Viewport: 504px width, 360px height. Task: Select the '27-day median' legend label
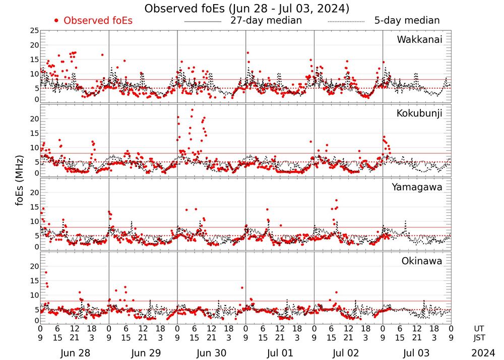tap(266, 21)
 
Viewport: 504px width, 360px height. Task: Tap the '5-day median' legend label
tap(407, 21)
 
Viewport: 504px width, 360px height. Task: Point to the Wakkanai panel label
tap(419, 40)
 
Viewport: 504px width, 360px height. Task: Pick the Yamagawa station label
tap(417, 187)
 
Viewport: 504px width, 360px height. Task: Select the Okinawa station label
tap(422, 261)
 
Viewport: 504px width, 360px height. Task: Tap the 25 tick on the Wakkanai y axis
tap(34, 31)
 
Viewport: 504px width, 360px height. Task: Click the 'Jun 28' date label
tap(74, 353)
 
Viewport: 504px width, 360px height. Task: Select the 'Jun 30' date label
tap(211, 353)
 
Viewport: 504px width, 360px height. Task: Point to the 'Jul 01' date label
tap(280, 353)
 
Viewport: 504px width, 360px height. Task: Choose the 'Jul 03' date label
tap(417, 353)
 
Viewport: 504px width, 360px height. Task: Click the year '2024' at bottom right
tap(483, 353)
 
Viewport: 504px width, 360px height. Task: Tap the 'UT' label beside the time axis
tap(480, 328)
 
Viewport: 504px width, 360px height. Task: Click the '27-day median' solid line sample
tap(203, 22)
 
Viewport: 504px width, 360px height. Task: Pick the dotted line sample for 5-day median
tap(346, 22)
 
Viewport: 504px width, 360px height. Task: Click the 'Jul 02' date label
tap(348, 353)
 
